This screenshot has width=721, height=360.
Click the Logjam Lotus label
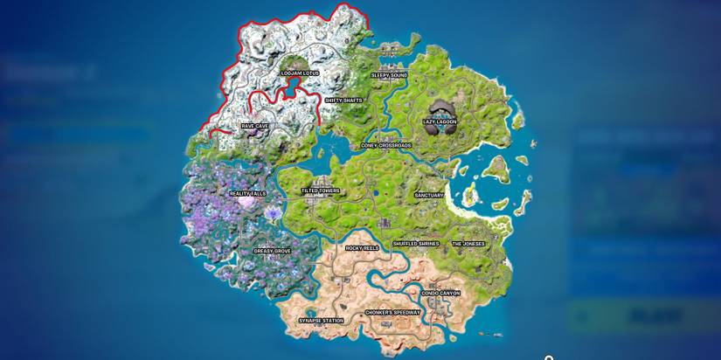point(300,73)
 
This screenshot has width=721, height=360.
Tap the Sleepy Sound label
point(389,75)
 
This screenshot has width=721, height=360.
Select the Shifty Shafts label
point(343,100)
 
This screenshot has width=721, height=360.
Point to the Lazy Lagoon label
point(440,122)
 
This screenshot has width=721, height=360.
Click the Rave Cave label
point(255,126)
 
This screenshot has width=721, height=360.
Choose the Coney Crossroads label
point(386,146)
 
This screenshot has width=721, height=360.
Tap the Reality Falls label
point(247,193)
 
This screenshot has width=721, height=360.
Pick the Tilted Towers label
point(321,190)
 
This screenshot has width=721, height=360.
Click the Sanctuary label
point(429,196)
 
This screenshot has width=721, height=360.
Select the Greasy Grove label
point(272,251)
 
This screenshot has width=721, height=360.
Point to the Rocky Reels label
point(363,248)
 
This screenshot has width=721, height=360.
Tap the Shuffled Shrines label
point(416,244)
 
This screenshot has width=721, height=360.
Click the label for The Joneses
point(469,244)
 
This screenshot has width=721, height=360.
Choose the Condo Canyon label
point(440,294)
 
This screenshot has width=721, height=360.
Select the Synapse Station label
point(322,321)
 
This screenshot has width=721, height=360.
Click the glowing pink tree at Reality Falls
point(248,202)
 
